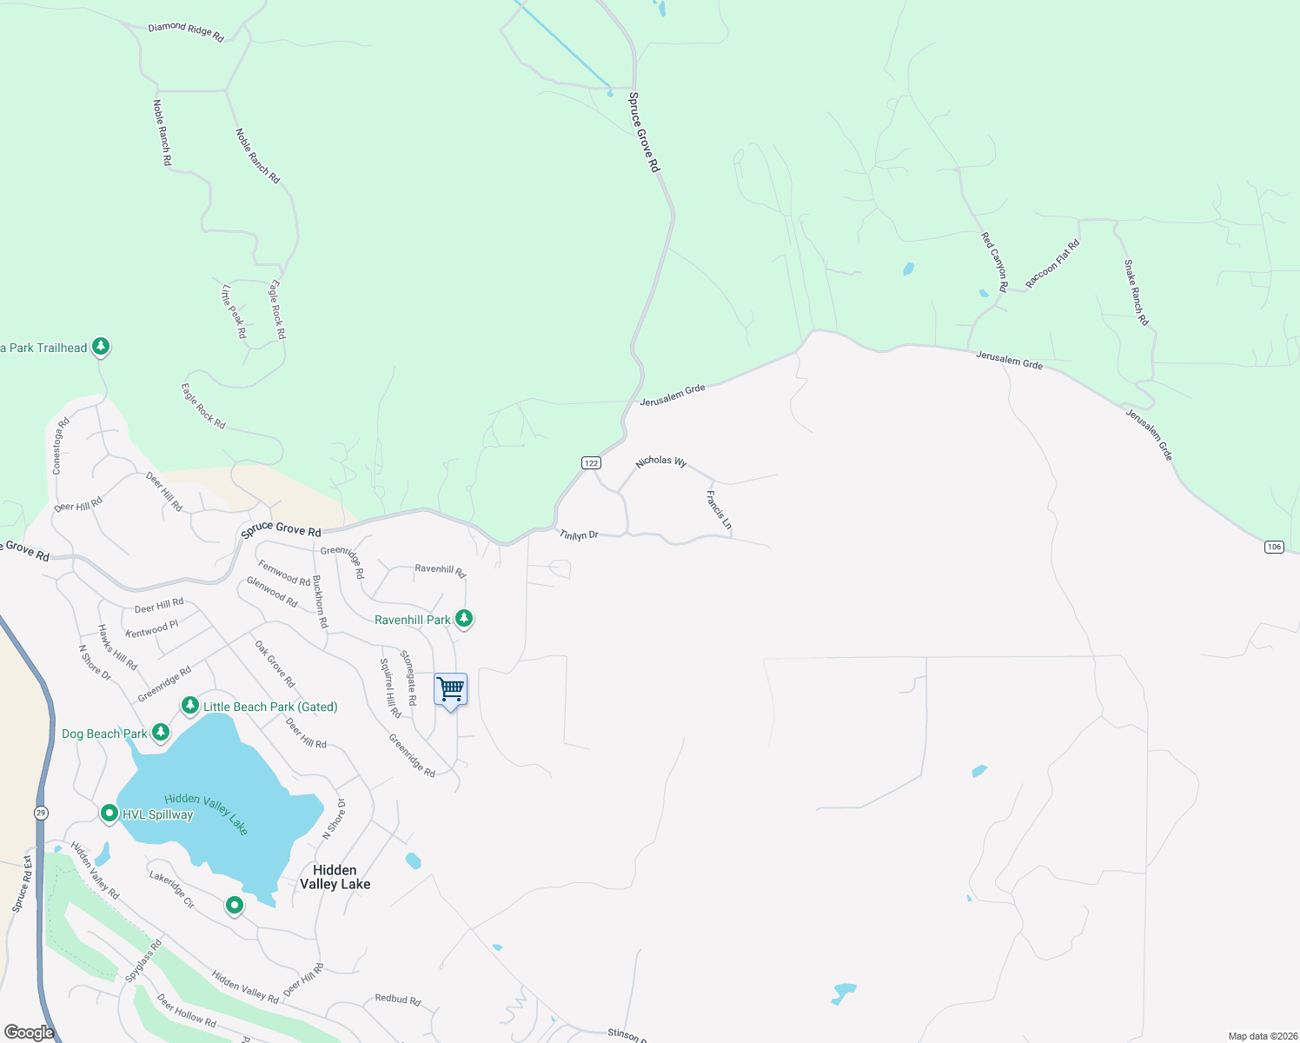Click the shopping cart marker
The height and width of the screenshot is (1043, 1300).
(x=450, y=691)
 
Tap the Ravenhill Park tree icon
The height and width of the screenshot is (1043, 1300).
(x=465, y=619)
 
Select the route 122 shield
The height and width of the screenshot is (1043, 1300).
(x=591, y=463)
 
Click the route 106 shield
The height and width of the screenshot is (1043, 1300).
(x=1274, y=547)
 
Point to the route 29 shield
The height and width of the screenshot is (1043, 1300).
(x=41, y=813)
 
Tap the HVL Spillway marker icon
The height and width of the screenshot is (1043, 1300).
(x=109, y=814)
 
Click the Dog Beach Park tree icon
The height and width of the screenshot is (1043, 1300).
(x=161, y=733)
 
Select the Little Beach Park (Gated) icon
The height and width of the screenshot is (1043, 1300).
(x=189, y=705)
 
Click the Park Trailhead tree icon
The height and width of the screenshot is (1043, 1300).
(x=101, y=347)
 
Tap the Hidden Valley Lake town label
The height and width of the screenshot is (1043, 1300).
(x=335, y=877)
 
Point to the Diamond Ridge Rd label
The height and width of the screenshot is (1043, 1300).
(x=186, y=32)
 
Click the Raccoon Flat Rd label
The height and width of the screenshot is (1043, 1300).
(x=1052, y=264)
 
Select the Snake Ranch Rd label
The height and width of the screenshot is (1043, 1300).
(x=1136, y=293)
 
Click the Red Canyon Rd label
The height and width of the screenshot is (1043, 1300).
(x=994, y=262)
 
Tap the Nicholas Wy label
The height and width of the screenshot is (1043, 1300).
(x=661, y=462)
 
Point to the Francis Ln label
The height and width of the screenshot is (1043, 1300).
(x=719, y=510)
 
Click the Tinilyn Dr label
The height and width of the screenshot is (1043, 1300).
(x=579, y=535)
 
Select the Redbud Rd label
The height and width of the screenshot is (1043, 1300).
(x=398, y=1000)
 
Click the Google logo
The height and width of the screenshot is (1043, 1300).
(x=29, y=1032)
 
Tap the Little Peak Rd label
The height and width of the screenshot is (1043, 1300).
(x=234, y=311)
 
